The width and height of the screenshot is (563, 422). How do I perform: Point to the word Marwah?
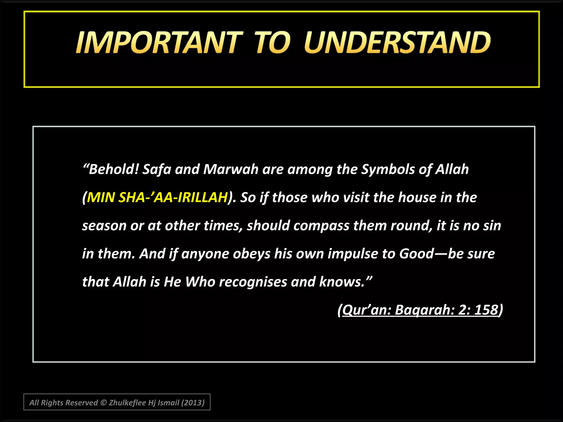(231, 169)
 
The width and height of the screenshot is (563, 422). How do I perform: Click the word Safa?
(157, 169)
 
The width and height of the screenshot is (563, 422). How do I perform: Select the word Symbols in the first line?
(388, 169)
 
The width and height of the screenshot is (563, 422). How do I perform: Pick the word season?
(104, 226)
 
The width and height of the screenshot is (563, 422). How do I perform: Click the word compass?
(321, 226)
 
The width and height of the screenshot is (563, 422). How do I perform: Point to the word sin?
(492, 226)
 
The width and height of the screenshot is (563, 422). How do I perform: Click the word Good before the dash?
(416, 254)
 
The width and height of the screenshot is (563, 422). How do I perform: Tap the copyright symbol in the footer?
(103, 402)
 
